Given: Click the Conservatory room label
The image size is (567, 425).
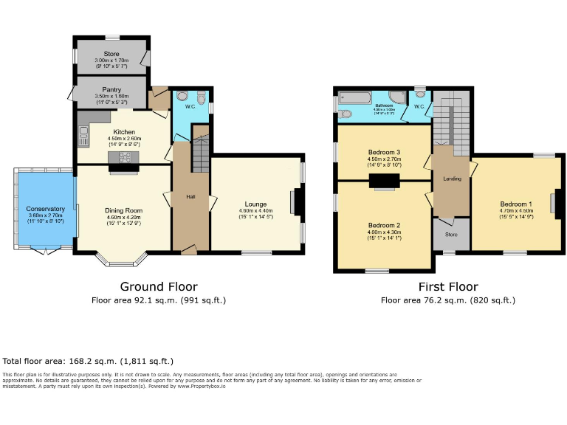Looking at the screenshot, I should tap(46, 209).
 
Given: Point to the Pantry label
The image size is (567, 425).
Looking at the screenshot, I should tap(112, 89).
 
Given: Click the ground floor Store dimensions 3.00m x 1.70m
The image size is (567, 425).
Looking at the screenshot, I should tap(112, 61).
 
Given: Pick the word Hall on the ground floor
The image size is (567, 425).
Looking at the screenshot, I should tap(190, 197).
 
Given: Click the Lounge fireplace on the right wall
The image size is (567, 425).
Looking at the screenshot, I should tap(296, 201).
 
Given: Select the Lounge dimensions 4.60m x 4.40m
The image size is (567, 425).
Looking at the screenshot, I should tap(255, 211).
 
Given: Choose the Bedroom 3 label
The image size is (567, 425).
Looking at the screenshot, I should tap(384, 152).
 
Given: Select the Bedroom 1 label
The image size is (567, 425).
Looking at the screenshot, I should tap(515, 204).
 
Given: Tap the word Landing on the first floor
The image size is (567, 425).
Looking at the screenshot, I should tap(452, 179).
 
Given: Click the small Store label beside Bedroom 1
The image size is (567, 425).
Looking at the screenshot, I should tap(451, 235).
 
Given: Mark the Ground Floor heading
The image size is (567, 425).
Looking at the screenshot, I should tap(159, 287).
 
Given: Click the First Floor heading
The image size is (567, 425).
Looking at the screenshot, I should tap(447, 287).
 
